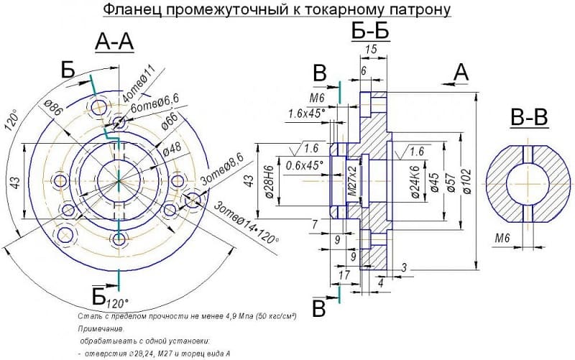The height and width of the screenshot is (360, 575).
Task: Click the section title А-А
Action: [114, 43]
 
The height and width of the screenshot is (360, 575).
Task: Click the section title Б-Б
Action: [372, 32]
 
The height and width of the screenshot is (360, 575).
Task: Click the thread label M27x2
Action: [352, 183]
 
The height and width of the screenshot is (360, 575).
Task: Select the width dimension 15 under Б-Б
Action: [371, 48]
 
